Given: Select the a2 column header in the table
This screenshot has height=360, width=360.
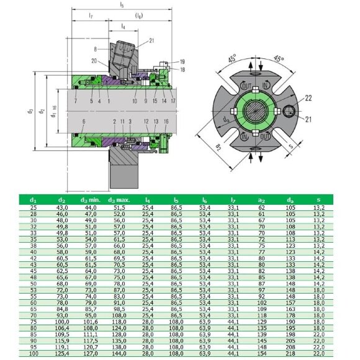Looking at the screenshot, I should pyautogui.click(x=263, y=200).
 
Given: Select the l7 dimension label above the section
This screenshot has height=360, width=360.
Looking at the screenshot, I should pyautogui.click(x=91, y=15).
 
